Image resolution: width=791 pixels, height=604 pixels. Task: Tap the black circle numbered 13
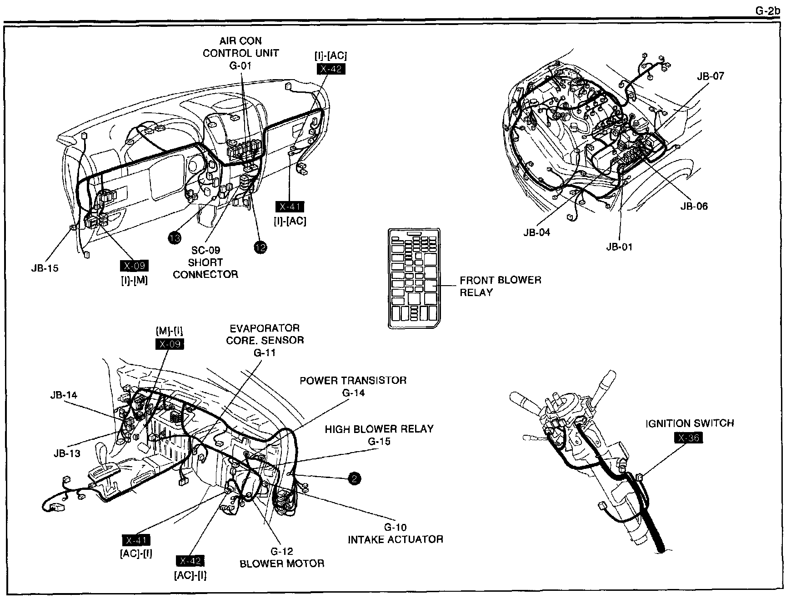click(x=174, y=237)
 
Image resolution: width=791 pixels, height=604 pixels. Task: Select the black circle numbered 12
click(x=260, y=247)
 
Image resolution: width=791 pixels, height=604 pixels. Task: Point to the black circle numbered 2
click(x=354, y=478)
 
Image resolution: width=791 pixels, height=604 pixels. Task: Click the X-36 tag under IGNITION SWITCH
click(x=689, y=438)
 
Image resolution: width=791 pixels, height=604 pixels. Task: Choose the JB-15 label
click(x=45, y=268)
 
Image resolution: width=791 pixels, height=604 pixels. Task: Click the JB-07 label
click(x=711, y=76)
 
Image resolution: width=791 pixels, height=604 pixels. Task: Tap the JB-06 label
click(x=694, y=206)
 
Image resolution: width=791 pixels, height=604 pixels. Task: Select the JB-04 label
click(x=536, y=232)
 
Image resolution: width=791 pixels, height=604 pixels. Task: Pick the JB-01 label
click(x=619, y=247)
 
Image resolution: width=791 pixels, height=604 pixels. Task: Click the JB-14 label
click(x=64, y=395)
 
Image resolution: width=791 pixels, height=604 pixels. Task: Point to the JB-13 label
click(x=67, y=453)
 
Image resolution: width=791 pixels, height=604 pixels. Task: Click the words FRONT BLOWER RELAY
click(x=500, y=286)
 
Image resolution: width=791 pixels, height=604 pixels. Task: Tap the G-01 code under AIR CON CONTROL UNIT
click(x=240, y=65)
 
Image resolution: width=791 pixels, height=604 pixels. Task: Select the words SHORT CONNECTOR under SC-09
click(x=205, y=268)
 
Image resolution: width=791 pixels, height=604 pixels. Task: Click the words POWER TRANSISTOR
click(x=353, y=380)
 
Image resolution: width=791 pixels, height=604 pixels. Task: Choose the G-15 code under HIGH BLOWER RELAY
click(x=379, y=441)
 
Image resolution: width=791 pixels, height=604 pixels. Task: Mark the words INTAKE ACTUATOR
click(x=395, y=539)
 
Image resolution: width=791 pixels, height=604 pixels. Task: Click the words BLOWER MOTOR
click(x=282, y=564)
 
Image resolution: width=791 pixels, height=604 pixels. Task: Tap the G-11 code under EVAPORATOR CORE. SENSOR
click(x=265, y=352)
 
